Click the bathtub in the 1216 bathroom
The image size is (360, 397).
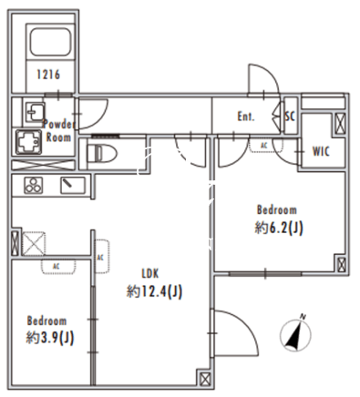pos(50,41)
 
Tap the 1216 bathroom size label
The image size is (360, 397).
pos(48,75)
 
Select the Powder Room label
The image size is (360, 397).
pos(58,131)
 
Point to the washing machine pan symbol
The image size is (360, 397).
pos(29,142)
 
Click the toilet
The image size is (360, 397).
pos(101,153)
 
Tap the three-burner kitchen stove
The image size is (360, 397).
pos(34,185)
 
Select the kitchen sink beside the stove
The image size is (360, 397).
pos(73,185)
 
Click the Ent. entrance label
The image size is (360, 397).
pos(246,117)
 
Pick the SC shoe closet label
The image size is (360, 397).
pos(290,116)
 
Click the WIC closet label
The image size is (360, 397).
pos(321,151)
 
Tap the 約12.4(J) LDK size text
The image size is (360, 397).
pos(154,292)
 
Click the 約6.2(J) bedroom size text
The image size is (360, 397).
pos(279,228)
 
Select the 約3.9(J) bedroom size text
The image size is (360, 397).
pos(50,338)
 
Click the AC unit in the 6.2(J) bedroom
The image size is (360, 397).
pos(264,145)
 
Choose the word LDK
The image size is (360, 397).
pos(150,274)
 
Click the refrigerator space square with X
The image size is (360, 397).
pos(34,244)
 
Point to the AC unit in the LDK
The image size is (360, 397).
pos(101,257)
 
